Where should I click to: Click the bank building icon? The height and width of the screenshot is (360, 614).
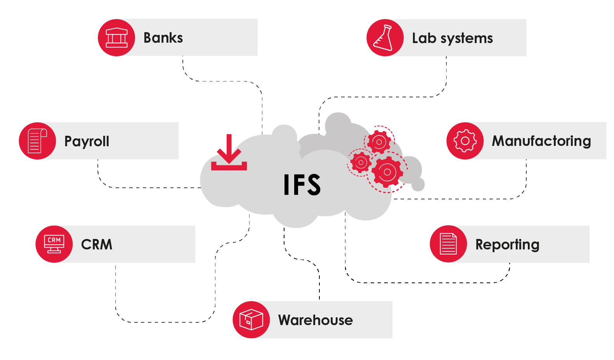click(x=116, y=38)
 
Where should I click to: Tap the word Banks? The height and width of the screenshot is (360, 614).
click(x=163, y=38)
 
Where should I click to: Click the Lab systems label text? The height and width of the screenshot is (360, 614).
click(x=453, y=38)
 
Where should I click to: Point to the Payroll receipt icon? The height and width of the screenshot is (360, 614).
click(x=37, y=141)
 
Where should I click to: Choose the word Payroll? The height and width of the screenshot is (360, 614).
click(x=87, y=142)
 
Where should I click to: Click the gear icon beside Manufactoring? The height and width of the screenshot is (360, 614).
click(x=465, y=141)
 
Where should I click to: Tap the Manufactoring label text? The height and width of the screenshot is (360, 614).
click(x=541, y=141)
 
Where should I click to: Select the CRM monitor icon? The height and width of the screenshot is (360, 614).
click(x=54, y=244)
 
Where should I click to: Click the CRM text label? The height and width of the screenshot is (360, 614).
click(x=97, y=244)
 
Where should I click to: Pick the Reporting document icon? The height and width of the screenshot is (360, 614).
click(x=448, y=244)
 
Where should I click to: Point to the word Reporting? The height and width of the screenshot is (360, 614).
click(x=507, y=245)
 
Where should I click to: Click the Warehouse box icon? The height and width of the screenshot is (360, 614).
click(x=251, y=320)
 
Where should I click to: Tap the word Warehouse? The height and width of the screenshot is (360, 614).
click(x=316, y=320)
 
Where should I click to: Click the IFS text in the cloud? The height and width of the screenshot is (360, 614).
click(x=302, y=185)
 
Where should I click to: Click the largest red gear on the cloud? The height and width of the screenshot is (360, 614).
click(x=387, y=172)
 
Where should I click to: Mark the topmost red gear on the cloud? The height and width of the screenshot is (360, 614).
click(x=379, y=142)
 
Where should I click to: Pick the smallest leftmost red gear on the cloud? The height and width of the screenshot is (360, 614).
click(x=361, y=163)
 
